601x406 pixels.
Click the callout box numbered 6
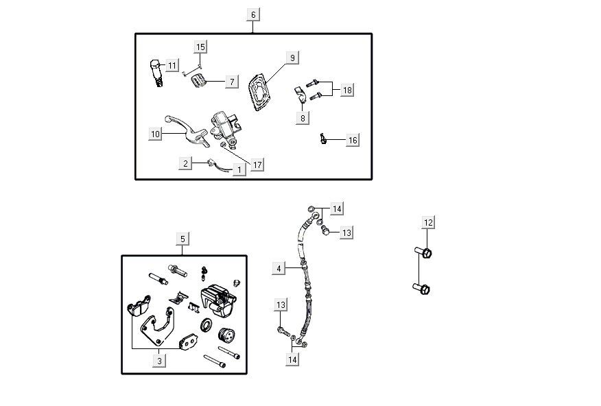[252, 15]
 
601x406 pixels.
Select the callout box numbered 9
[292, 58]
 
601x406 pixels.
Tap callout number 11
[172, 66]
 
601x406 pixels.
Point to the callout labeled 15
[200, 47]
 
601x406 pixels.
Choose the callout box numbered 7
[232, 82]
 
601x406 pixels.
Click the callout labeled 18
[347, 91]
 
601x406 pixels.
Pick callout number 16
[353, 141]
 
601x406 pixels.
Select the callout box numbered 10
[156, 134]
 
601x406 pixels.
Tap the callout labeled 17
[257, 165]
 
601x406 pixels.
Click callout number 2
[185, 163]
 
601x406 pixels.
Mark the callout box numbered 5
[182, 239]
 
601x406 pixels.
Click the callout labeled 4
[279, 269]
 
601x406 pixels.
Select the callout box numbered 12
[428, 222]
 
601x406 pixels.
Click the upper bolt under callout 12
[425, 254]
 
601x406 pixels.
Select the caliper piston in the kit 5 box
[225, 338]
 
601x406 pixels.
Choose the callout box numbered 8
[303, 118]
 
